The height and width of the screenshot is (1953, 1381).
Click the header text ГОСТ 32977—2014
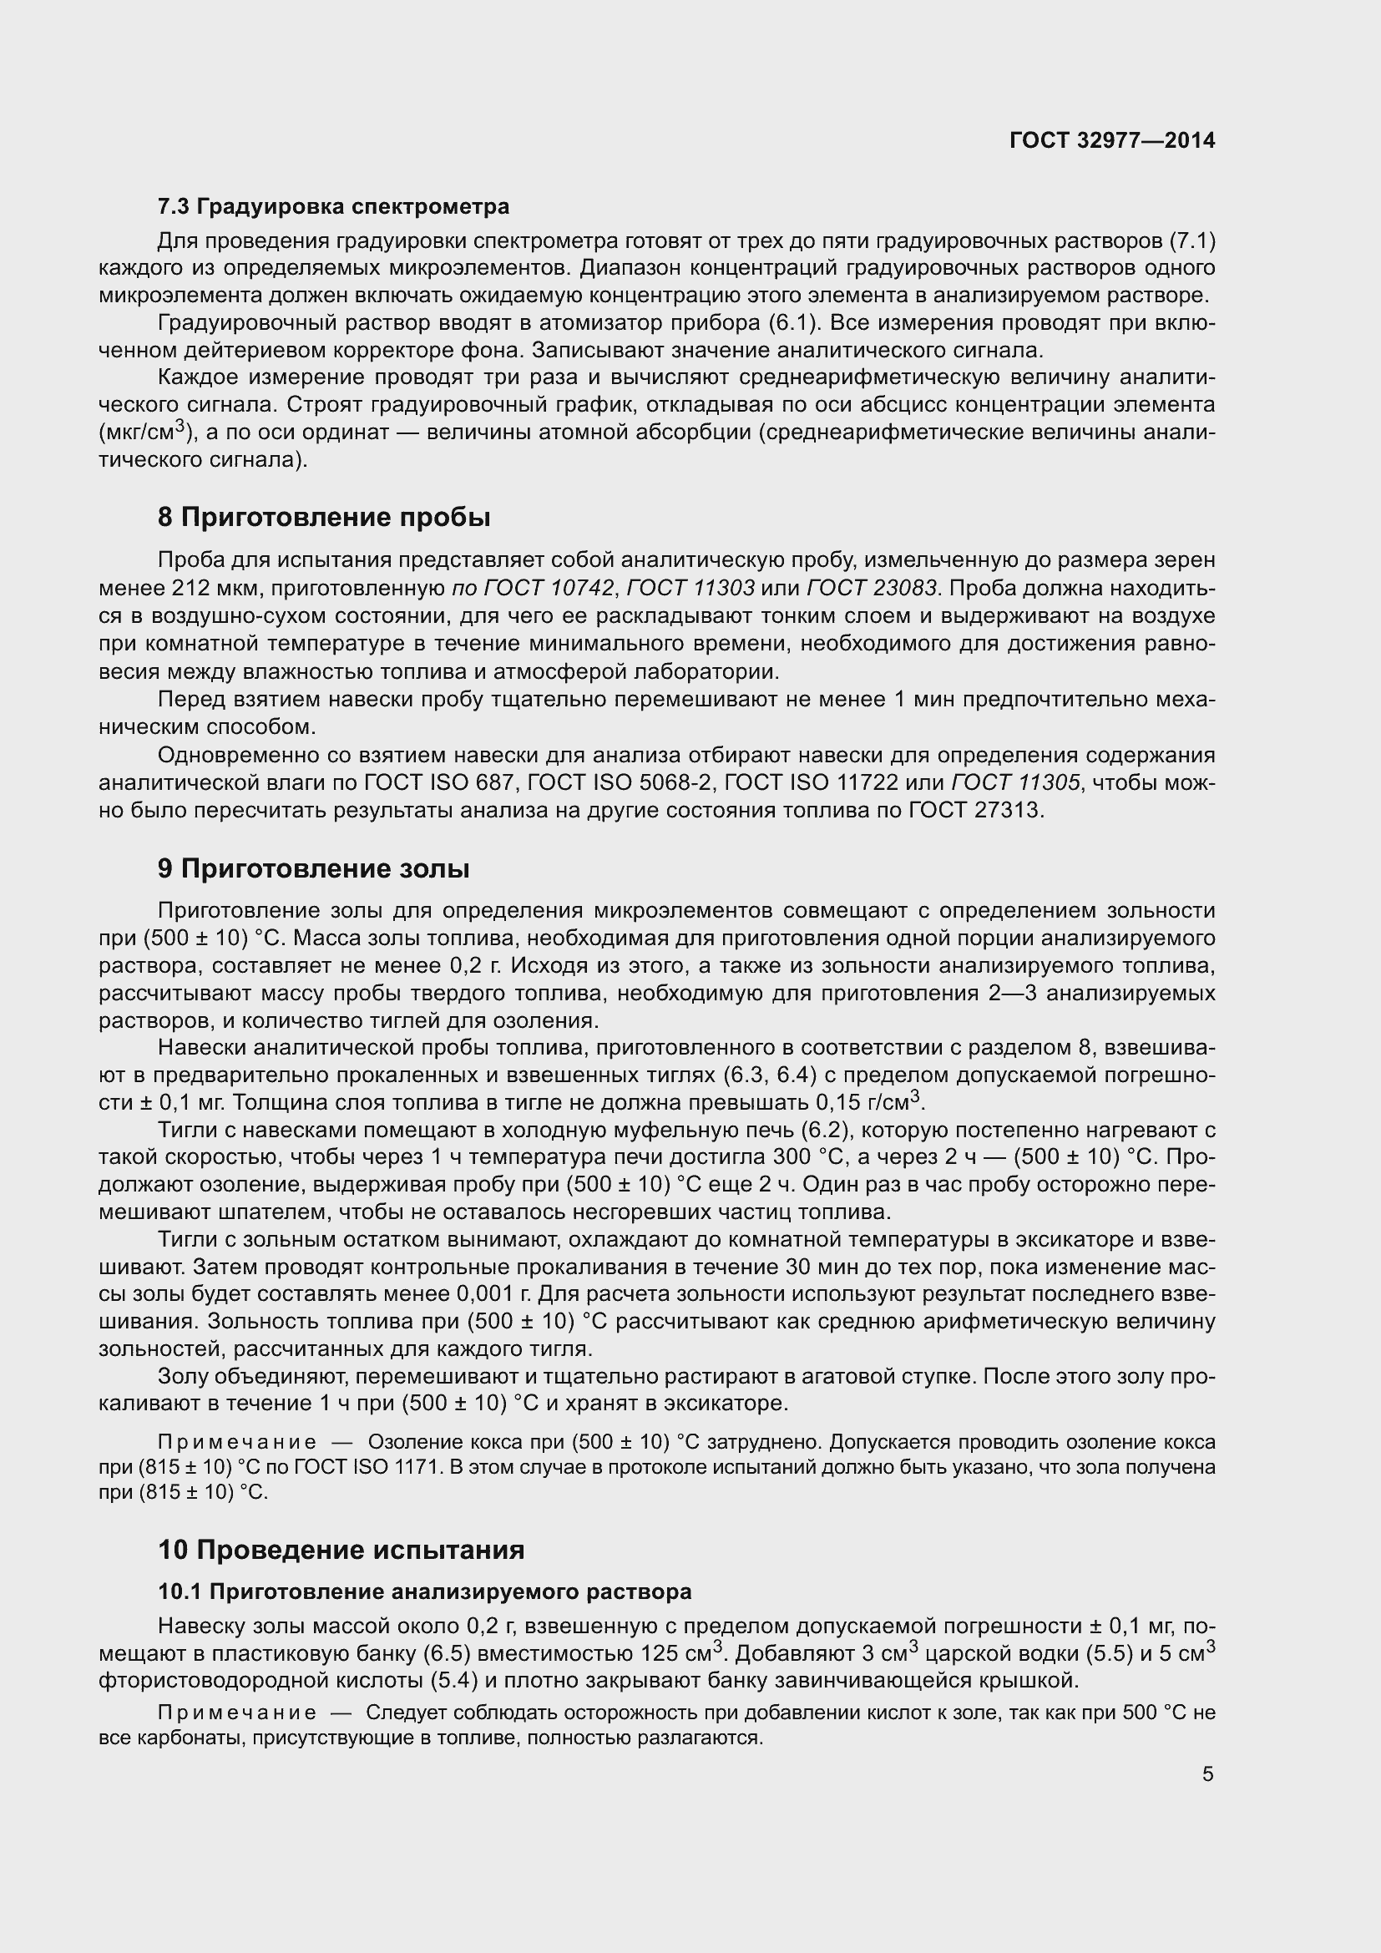[x=1111, y=140]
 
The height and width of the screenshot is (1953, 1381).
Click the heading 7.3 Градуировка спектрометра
[x=333, y=207]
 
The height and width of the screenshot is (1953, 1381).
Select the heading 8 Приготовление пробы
[x=324, y=517]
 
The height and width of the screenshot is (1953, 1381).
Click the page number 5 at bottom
[x=1207, y=1774]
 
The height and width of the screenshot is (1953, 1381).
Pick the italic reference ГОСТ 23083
[x=872, y=588]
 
